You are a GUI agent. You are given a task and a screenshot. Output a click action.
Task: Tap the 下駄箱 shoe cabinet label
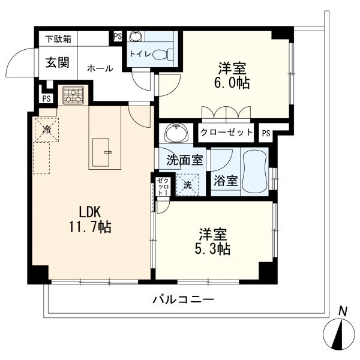[58, 40]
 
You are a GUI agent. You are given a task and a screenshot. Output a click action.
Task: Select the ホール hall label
[100, 68]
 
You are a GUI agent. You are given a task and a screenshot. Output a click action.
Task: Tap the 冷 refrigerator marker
[45, 129]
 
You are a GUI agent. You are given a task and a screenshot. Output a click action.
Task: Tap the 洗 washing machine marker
[188, 184]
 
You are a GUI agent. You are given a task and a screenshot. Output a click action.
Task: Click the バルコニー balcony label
[182, 299]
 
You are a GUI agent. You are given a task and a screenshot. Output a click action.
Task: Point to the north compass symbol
[338, 333]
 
